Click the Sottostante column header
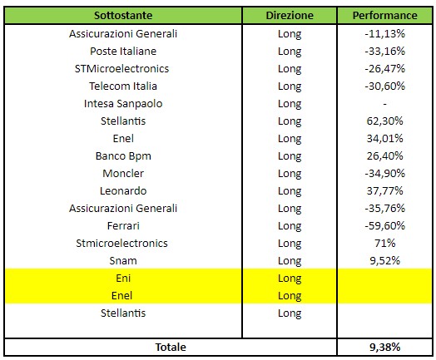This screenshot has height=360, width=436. coord(123,15)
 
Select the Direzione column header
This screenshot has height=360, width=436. coord(290,15)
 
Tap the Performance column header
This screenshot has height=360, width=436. coord(385,15)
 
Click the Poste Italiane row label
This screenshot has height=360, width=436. coord(123,51)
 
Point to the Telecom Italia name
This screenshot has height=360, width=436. coord(123,86)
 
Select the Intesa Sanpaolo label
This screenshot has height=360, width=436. coord(123,104)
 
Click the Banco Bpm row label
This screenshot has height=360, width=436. coord(123,156)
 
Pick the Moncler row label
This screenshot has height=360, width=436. coord(123,173)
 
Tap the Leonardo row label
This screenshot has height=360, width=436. coord(123,191)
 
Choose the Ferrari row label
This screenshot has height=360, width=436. coord(123,226)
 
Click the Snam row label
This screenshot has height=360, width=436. coord(123,261)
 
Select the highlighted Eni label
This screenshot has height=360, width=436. coord(123,278)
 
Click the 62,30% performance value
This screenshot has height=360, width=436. coord(385,121)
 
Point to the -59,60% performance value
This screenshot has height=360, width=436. coord(385,226)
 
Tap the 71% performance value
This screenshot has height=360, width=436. coord(385,244)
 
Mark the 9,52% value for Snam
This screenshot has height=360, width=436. coord(385,261)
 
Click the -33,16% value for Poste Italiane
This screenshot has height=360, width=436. coord(385,51)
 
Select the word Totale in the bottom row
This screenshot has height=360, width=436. coord(171,348)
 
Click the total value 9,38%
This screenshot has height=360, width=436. coord(385,348)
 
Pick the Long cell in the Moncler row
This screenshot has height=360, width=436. coord(290,174)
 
